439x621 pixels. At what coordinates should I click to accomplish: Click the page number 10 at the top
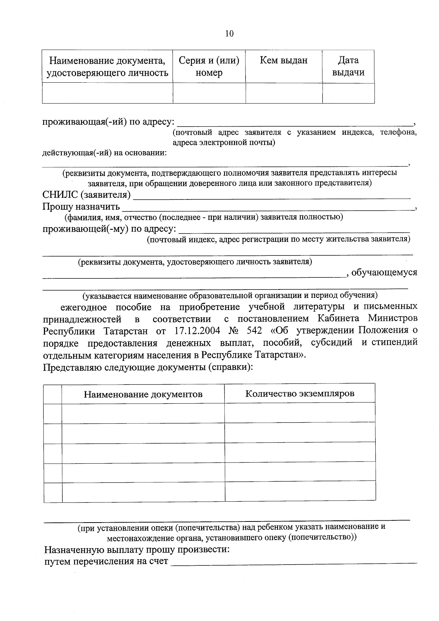229,34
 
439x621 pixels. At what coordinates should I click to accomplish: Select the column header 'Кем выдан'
284,60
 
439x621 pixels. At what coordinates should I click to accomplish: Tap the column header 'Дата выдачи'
348,66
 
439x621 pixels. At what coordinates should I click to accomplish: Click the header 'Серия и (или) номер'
209,67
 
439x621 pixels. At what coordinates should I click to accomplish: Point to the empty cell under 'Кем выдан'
284,93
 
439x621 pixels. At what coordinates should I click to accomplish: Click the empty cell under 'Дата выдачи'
348,93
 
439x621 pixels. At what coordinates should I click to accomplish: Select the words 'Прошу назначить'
81,206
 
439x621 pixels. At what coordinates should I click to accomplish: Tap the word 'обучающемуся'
384,273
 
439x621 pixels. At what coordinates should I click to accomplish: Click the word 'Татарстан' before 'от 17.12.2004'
126,331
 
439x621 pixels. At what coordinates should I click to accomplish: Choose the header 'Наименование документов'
143,394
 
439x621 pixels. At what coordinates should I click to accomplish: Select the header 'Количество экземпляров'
300,393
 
